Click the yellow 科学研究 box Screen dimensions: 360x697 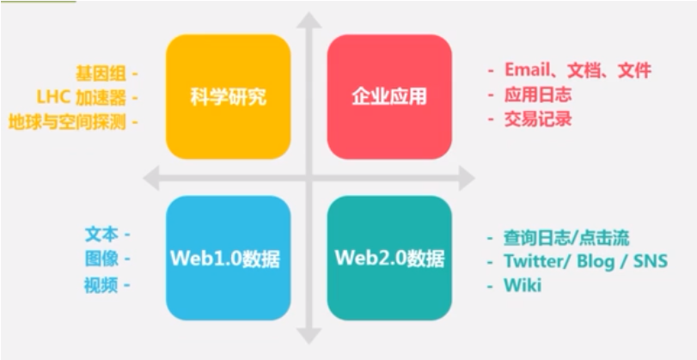point(228,97)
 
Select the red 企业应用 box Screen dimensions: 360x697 point(389,97)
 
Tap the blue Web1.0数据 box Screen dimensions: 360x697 point(228,258)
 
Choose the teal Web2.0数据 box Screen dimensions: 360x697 point(389,258)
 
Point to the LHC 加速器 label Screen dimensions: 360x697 point(83,97)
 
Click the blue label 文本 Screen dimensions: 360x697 point(101,234)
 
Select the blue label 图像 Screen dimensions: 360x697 point(101,259)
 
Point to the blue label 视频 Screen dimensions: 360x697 point(101,285)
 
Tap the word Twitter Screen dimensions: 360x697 point(537,261)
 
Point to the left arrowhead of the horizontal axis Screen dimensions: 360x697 point(152,179)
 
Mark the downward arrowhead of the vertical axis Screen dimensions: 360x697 point(309,337)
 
